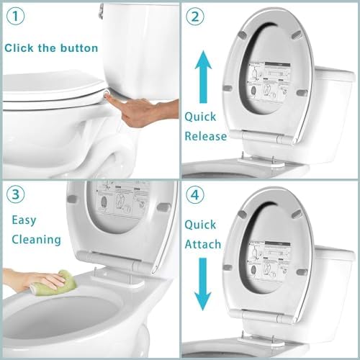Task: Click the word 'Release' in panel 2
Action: (x=205, y=136)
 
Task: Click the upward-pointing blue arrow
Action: (x=204, y=74)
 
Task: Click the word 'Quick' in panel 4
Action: (x=199, y=225)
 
